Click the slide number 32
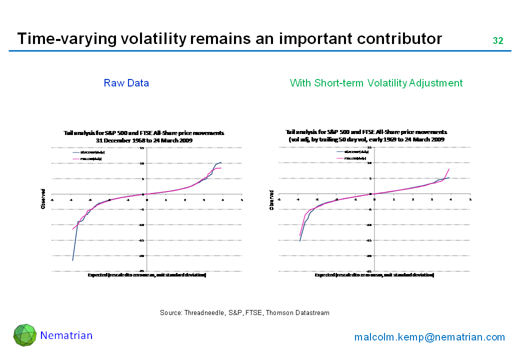(497, 41)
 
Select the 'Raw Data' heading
(126, 83)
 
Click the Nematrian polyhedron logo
(24, 335)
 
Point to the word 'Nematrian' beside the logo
(66, 335)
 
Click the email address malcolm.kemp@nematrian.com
(429, 337)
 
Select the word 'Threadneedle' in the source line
(204, 313)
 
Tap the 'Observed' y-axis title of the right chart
(271, 200)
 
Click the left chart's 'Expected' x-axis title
(147, 275)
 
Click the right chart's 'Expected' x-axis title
(374, 275)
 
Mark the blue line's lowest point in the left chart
(72, 260)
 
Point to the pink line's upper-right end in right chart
(449, 169)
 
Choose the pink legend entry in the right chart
(351, 158)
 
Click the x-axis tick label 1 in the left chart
(166, 199)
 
